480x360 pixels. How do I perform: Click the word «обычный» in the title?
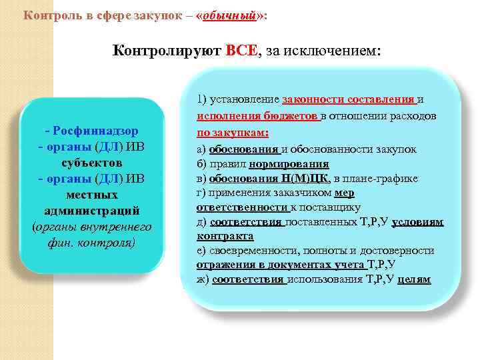232,15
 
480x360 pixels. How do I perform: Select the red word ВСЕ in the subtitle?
243,51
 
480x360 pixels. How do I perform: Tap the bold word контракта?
225,236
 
